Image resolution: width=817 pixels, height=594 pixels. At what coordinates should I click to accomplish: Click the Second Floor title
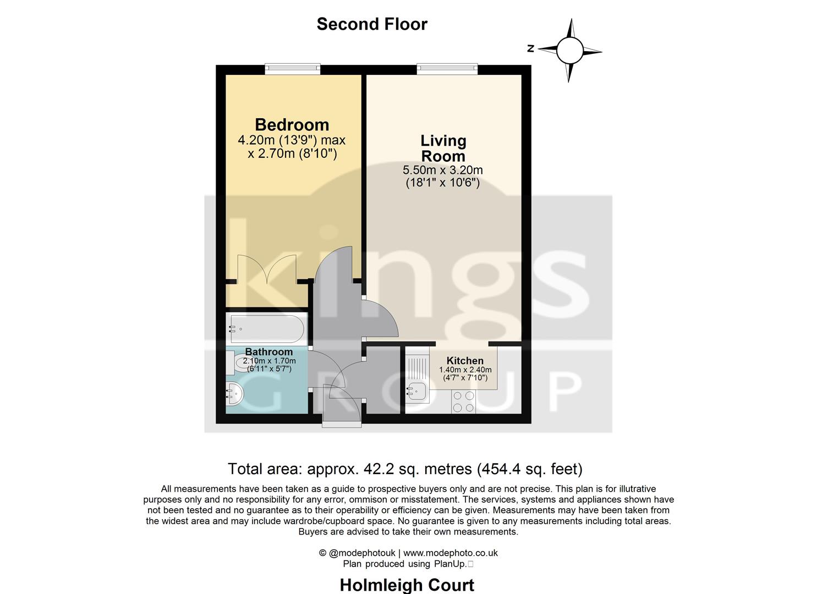click(x=372, y=24)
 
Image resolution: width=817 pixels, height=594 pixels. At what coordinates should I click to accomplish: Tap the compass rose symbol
click(x=569, y=51)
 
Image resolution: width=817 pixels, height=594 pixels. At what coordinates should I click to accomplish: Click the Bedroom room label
click(x=292, y=125)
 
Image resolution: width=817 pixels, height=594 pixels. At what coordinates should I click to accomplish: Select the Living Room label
click(x=443, y=148)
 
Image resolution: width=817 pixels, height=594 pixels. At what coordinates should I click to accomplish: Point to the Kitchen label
click(x=465, y=361)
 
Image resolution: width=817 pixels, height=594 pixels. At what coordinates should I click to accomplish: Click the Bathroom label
click(x=268, y=352)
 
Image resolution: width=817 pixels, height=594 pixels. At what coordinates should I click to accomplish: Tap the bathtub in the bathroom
click(x=266, y=329)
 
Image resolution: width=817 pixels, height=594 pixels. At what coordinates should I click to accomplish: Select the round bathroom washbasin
click(x=234, y=394)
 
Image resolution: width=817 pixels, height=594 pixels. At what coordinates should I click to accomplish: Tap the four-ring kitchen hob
click(x=463, y=402)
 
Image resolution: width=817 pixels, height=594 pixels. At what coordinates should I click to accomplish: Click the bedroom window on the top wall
click(x=292, y=69)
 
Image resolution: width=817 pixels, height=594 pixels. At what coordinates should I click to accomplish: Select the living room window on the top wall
click(x=447, y=69)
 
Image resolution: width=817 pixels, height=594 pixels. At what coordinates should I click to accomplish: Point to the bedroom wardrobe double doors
click(x=267, y=269)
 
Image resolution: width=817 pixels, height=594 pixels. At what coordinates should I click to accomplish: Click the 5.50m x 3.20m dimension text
click(x=443, y=170)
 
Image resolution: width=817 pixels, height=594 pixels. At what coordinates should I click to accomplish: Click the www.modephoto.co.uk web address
click(x=451, y=553)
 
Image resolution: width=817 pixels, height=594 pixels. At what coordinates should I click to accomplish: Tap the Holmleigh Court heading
click(x=407, y=585)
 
